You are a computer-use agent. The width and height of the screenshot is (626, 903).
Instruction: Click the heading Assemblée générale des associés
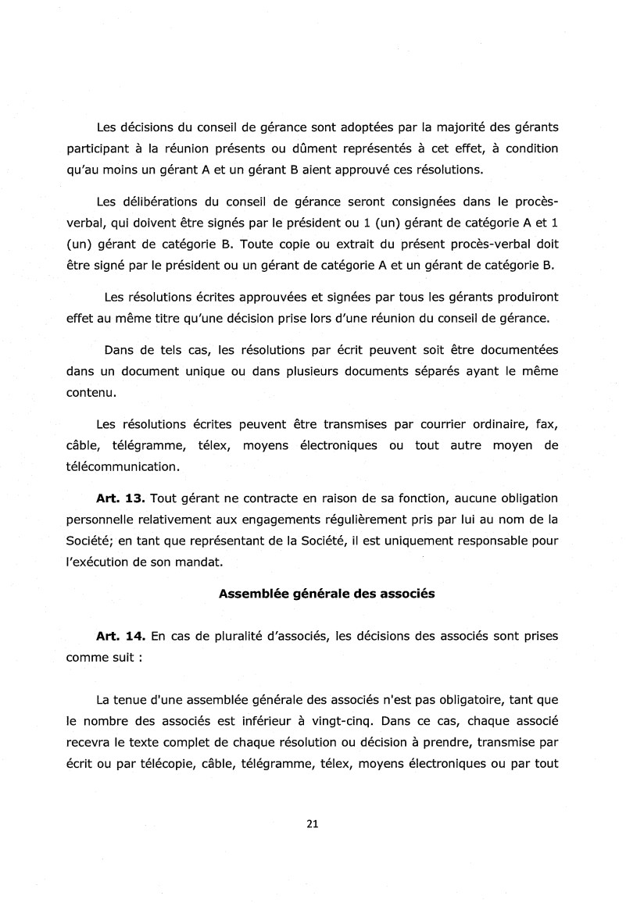[x=326, y=593]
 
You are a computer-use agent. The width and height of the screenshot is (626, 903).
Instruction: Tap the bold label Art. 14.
[x=117, y=636]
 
